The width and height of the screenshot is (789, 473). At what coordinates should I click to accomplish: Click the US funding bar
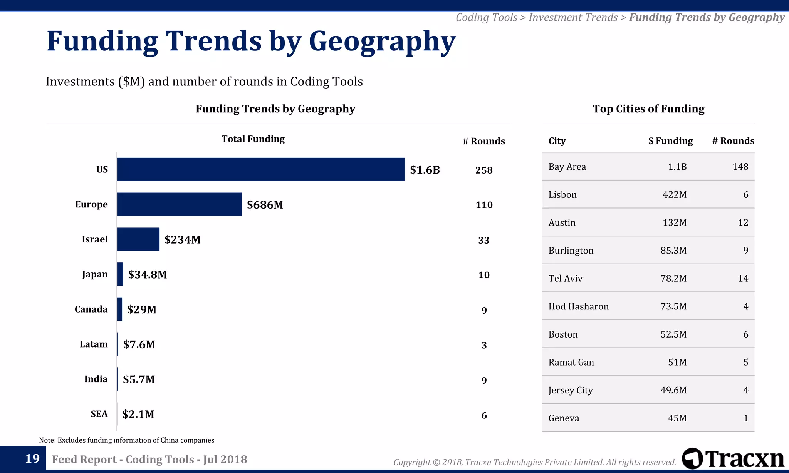coord(261,169)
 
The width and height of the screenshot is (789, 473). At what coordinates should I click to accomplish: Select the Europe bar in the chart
coord(179,204)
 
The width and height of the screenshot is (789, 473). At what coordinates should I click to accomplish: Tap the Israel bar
coord(138,239)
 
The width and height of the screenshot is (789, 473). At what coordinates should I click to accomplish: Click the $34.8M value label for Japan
coord(148,274)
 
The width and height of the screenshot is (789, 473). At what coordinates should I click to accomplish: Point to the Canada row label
coord(91,309)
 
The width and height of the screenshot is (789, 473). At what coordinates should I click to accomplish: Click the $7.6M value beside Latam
coord(139,344)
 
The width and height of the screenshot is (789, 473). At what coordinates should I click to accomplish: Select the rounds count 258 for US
coord(484,170)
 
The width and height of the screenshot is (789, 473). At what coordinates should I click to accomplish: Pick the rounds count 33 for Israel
coord(483,240)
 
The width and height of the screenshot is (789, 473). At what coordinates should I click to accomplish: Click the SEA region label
coord(99,414)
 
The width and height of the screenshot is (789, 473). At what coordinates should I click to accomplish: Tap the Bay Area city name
coord(567,167)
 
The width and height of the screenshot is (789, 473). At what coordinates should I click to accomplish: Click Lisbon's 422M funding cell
coord(674,195)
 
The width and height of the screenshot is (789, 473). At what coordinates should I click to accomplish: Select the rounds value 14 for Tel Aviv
coord(743,278)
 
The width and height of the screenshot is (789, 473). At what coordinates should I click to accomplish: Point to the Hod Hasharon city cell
coord(578,306)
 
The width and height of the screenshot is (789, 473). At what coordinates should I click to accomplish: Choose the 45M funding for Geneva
coord(677,418)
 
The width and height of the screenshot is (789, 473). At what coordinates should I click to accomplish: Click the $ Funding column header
coord(670,141)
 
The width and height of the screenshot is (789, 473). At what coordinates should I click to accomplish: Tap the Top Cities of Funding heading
coord(648,109)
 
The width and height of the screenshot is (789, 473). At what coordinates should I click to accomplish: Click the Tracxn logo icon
coord(692,458)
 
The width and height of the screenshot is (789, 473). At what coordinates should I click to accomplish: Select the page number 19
coord(32,458)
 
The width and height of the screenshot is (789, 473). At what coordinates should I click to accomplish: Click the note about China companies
coord(127,440)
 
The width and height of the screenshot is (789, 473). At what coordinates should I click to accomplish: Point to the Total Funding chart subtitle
coord(253,139)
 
